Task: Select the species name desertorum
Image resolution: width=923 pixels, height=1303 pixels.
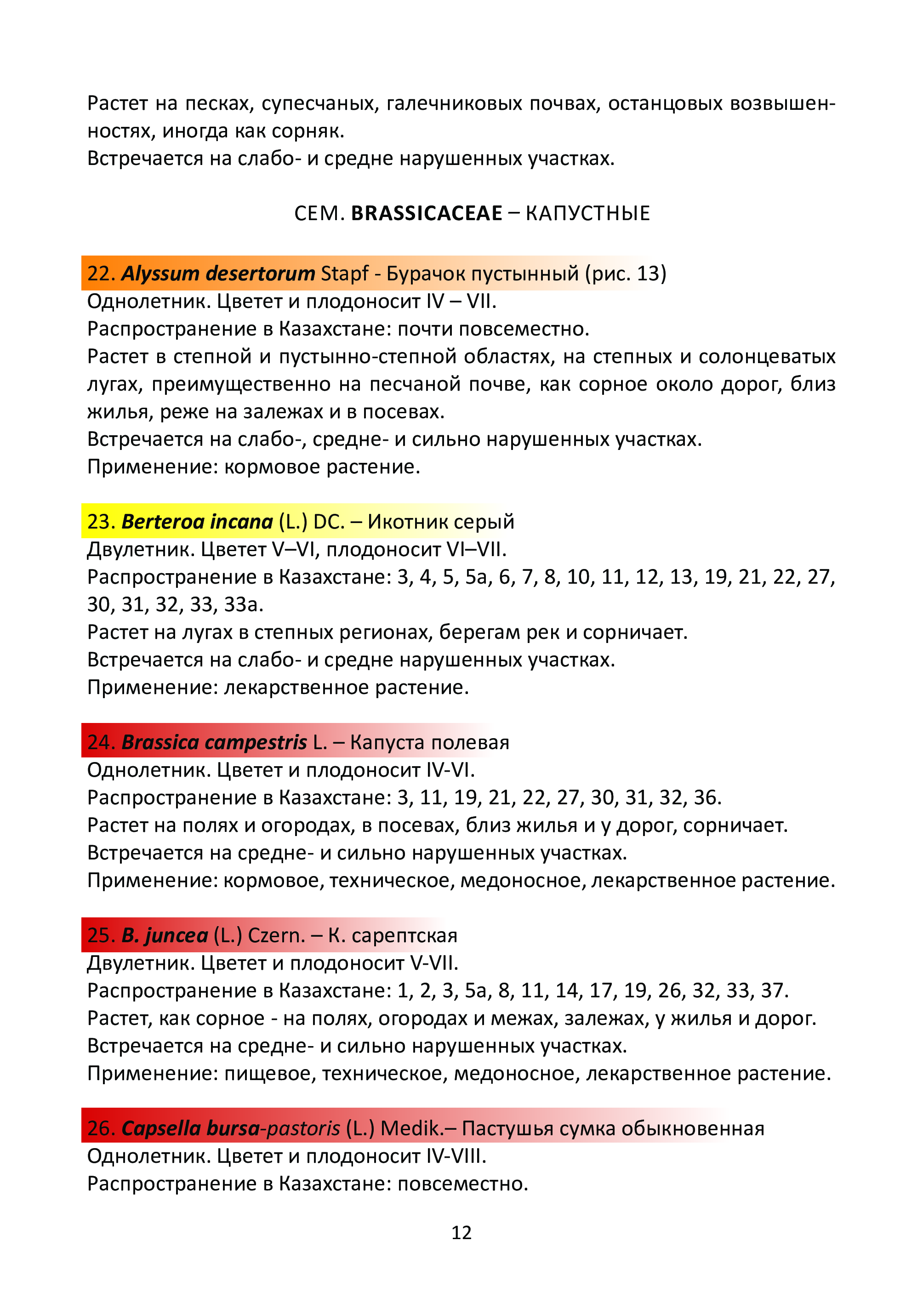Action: [260, 274]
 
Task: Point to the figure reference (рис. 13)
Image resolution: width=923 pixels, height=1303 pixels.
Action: [625, 274]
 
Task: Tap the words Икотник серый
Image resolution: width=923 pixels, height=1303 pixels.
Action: [440, 522]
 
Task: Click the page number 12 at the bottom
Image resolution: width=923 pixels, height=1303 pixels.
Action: [461, 1232]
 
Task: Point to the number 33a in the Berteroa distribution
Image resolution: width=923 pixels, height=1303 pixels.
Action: [243, 604]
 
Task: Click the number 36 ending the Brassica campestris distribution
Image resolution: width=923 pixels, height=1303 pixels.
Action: [707, 798]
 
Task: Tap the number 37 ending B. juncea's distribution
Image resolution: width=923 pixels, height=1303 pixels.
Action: [774, 990]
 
